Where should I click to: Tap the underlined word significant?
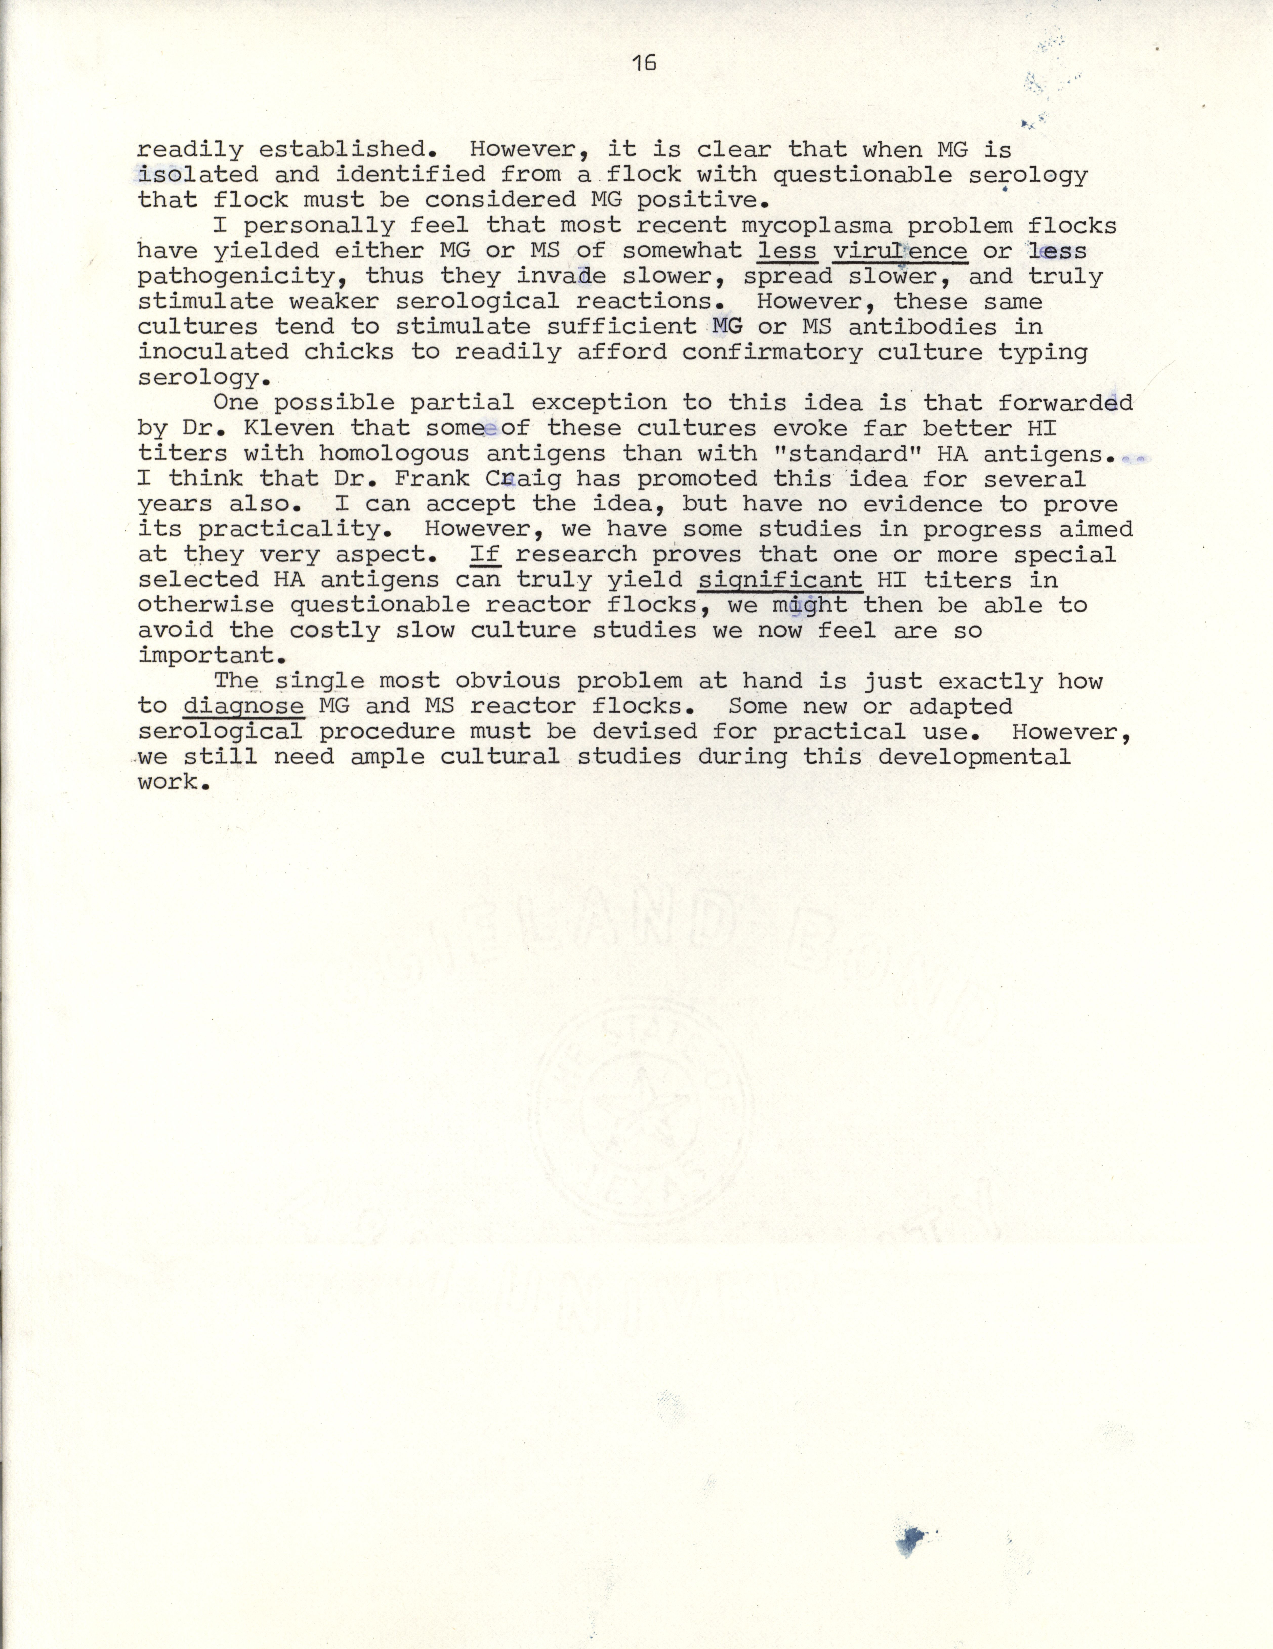click(x=779, y=580)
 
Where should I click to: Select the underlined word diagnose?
click(x=243, y=707)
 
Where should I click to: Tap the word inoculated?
click(x=213, y=353)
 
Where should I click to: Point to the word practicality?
click(x=273, y=529)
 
